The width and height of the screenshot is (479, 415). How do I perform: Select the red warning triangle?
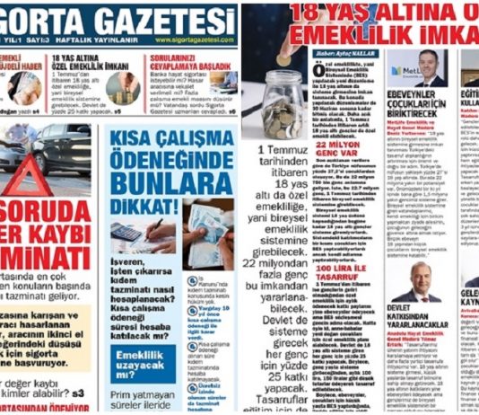[x=12, y=182]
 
